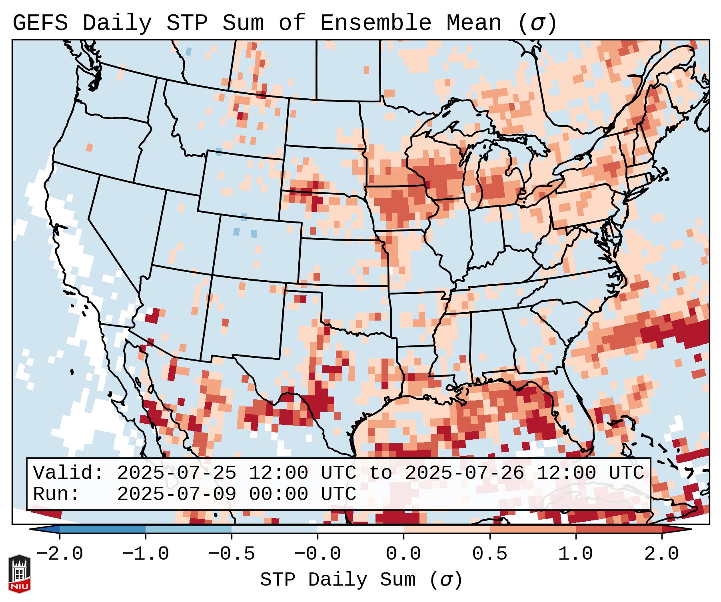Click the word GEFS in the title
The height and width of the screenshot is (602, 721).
coord(40,23)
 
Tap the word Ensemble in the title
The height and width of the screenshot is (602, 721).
coord(376,23)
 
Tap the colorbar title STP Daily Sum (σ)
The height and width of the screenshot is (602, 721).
coord(361,580)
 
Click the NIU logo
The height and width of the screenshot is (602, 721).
coord(19,574)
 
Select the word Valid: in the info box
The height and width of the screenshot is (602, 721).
coord(68,473)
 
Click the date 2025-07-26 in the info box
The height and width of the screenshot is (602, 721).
coord(464,473)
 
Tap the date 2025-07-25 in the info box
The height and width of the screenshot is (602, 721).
coord(176,473)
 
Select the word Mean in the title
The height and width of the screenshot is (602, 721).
coord(474,23)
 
